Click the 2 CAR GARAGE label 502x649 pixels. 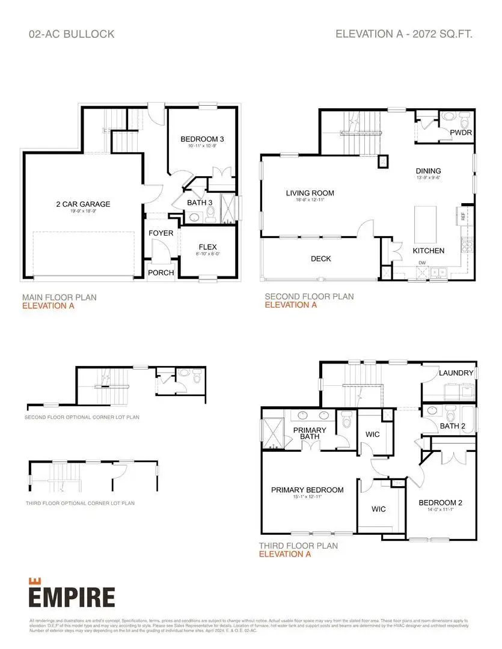pyautogui.click(x=83, y=204)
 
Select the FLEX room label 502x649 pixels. pyautogui.click(x=207, y=247)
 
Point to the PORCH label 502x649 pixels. pyautogui.click(x=161, y=273)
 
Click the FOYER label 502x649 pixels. pyautogui.click(x=161, y=233)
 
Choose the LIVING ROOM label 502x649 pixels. pyautogui.click(x=310, y=193)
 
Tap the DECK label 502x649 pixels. pyautogui.click(x=321, y=259)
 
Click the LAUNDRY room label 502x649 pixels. pyautogui.click(x=456, y=373)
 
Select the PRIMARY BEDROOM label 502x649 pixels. pyautogui.click(x=307, y=490)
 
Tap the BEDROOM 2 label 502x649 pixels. pyautogui.click(x=440, y=502)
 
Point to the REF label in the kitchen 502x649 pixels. pyautogui.click(x=463, y=215)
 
